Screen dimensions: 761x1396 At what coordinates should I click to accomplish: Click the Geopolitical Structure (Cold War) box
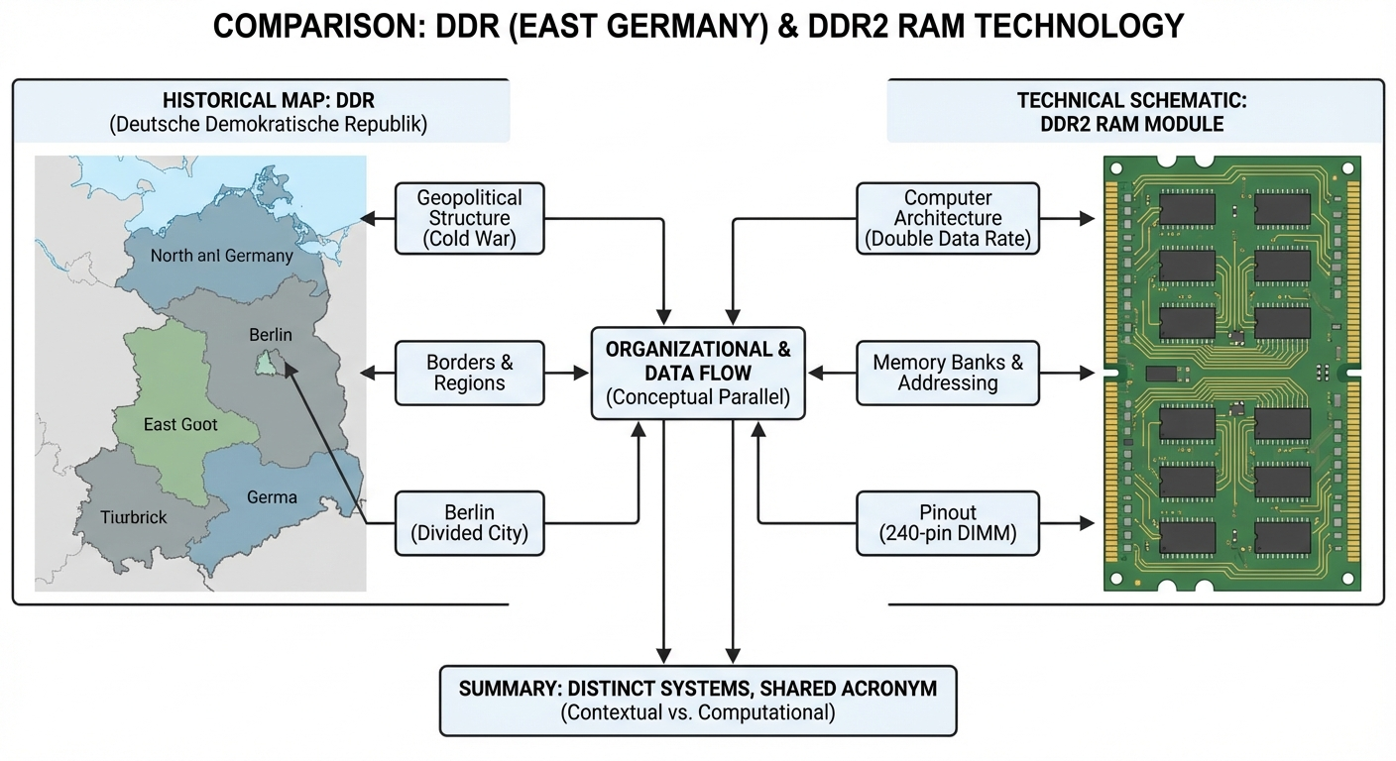tap(469, 218)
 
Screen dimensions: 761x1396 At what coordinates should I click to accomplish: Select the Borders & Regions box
tap(469, 373)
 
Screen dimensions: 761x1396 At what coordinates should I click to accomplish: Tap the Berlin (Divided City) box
tap(469, 522)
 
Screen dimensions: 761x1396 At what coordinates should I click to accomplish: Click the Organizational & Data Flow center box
tap(698, 373)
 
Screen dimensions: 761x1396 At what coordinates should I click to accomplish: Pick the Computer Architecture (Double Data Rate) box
tap(947, 218)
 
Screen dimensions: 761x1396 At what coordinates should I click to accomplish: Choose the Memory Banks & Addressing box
tap(947, 373)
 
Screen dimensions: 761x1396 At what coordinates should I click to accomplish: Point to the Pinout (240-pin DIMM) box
tap(947, 522)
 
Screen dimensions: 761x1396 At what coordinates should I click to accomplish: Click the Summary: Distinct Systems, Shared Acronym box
tap(698, 700)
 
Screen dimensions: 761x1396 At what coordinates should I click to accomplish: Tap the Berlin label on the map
tap(271, 335)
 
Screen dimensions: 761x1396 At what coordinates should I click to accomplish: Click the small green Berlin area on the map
tap(266, 364)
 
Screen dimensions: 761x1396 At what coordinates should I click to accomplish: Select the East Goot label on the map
tap(180, 424)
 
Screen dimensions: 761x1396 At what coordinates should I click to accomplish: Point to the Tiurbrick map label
tap(134, 516)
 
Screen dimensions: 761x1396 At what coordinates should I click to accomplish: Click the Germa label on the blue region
tap(272, 496)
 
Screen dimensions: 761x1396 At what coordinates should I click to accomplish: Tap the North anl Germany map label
tap(221, 256)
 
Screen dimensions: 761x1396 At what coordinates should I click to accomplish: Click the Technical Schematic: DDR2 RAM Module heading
tap(1134, 111)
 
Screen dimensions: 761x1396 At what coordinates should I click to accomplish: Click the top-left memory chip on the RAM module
tap(1187, 209)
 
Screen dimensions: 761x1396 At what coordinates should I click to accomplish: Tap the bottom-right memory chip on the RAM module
tap(1282, 536)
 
